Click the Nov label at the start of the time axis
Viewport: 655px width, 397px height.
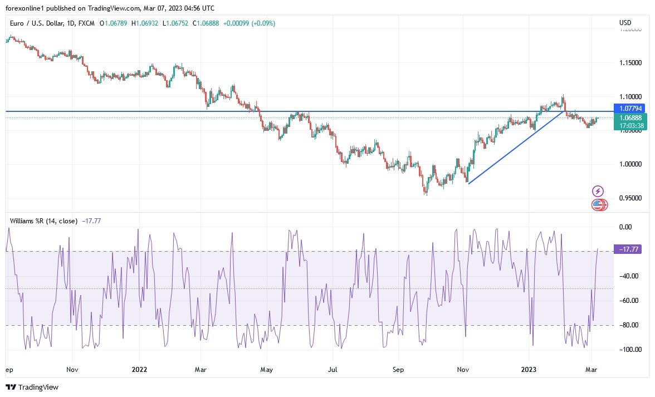72,369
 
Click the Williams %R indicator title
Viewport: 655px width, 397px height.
35,221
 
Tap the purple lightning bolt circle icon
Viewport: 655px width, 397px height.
598,192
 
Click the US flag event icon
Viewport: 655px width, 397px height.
598,205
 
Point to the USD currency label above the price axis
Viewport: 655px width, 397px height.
625,23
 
